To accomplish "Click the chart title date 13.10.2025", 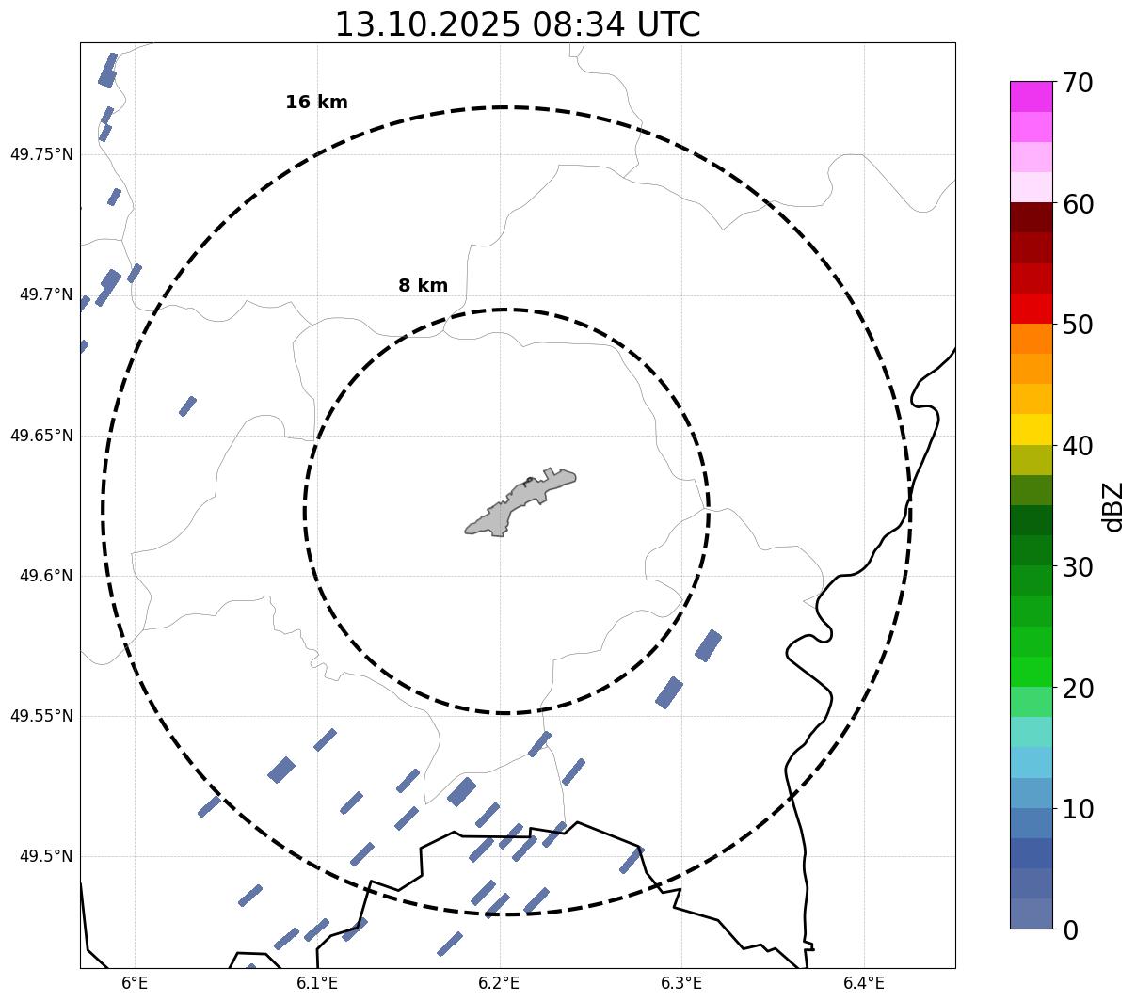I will pyautogui.click(x=426, y=25).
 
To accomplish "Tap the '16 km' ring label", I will pyautogui.click(x=316, y=103).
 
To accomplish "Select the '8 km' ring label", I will pyautogui.click(x=423, y=286).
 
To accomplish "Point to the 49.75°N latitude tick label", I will pyautogui.click(x=41, y=154).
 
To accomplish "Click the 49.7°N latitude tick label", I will pyautogui.click(x=46, y=295).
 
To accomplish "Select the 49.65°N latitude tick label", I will pyautogui.click(x=41, y=436).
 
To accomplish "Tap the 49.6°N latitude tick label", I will pyautogui.click(x=46, y=576).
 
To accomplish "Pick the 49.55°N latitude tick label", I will pyautogui.click(x=41, y=716).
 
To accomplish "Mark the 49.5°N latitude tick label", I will pyautogui.click(x=46, y=856).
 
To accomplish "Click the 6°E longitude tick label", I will pyautogui.click(x=136, y=983).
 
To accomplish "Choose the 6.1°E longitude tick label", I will pyautogui.click(x=317, y=983).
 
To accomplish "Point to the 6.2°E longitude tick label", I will pyautogui.click(x=500, y=983).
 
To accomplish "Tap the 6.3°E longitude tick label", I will pyautogui.click(x=681, y=983).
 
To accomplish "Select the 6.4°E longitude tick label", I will pyautogui.click(x=864, y=983).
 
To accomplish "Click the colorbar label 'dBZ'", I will pyautogui.click(x=1113, y=507).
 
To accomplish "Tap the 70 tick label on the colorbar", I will pyautogui.click(x=1077, y=83).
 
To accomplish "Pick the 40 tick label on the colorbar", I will pyautogui.click(x=1077, y=446).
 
